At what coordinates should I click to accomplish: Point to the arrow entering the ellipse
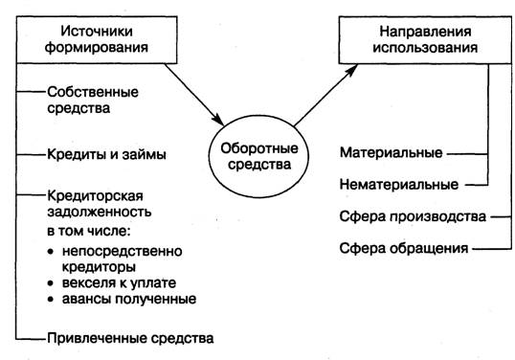pyautogui.click(x=194, y=95)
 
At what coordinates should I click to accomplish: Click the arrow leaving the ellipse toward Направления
pyautogui.click(x=325, y=95)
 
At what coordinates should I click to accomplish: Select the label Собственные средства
pyautogui.click(x=93, y=100)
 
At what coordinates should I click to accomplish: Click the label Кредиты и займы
pyautogui.click(x=106, y=154)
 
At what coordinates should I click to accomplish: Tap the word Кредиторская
pyautogui.click(x=96, y=196)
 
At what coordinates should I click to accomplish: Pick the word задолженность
pyautogui.click(x=100, y=212)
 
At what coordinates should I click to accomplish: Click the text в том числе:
pyautogui.click(x=89, y=231)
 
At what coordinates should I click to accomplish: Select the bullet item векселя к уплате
pyautogui.click(x=119, y=282)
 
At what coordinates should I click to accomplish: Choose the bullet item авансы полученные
pyautogui.click(x=129, y=299)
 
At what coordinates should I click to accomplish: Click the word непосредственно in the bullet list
pyautogui.click(x=123, y=251)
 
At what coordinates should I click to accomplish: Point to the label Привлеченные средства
pyautogui.click(x=130, y=338)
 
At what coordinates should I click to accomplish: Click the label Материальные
pyautogui.click(x=392, y=153)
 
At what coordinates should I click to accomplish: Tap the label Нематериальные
pyautogui.click(x=399, y=184)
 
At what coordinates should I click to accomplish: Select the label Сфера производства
pyautogui.click(x=413, y=216)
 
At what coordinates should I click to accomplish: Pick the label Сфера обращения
pyautogui.click(x=404, y=248)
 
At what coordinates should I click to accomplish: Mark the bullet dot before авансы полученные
pyautogui.click(x=50, y=300)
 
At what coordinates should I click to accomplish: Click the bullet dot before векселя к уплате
pyautogui.click(x=50, y=283)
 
